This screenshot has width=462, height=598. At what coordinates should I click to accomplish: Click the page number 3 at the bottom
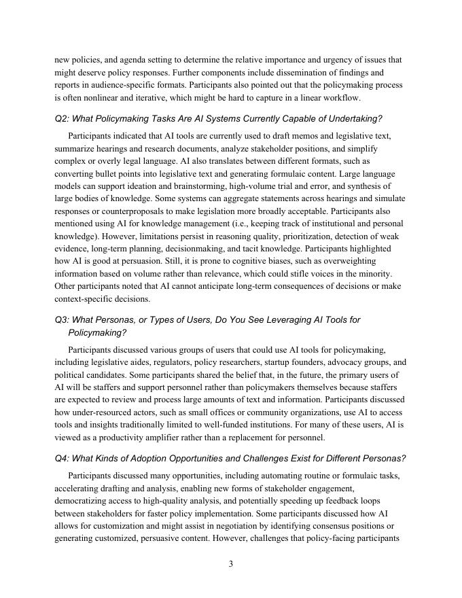[x=231, y=563]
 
